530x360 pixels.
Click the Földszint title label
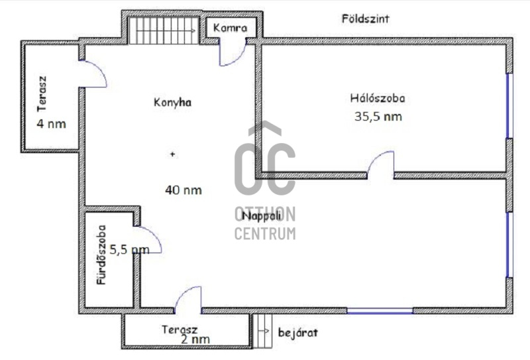pyautogui.click(x=365, y=19)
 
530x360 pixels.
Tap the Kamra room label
pyautogui.click(x=230, y=28)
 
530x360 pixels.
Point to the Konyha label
pyautogui.click(x=172, y=102)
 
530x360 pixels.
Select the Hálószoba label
pyautogui.click(x=378, y=98)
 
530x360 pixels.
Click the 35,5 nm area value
pyautogui.click(x=378, y=117)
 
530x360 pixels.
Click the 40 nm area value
pyautogui.click(x=184, y=190)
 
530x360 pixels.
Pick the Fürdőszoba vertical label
pyautogui.click(x=101, y=255)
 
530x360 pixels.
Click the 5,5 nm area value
pyautogui.click(x=129, y=250)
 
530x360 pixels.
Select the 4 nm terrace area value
pyautogui.click(x=52, y=124)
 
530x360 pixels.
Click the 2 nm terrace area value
pyautogui.click(x=195, y=339)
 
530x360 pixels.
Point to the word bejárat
pyautogui.click(x=297, y=333)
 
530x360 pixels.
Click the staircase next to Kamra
pyautogui.click(x=164, y=30)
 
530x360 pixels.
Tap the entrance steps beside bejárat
pyautogui.click(x=262, y=331)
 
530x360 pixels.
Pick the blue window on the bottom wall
pyautogui.click(x=380, y=310)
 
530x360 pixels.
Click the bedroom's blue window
pyautogui.click(x=509, y=105)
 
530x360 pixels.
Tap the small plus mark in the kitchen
pyautogui.click(x=173, y=154)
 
